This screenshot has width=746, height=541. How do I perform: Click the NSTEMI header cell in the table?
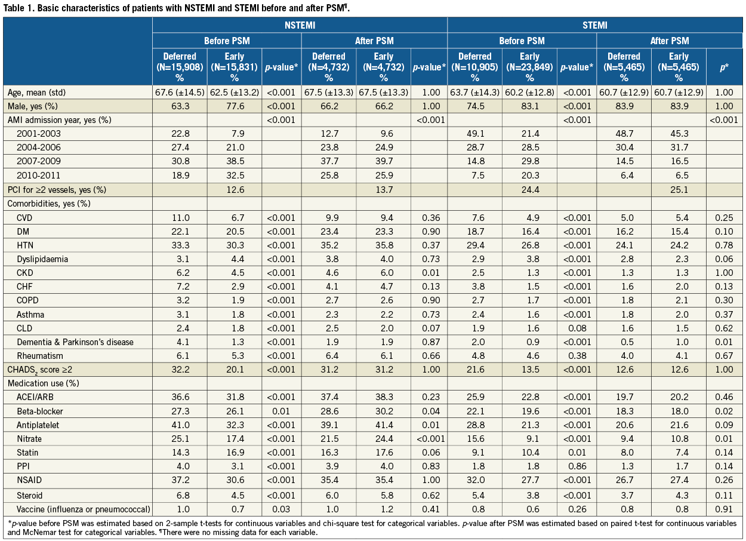pyautogui.click(x=300, y=26)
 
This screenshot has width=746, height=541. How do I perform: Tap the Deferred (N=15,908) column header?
pyautogui.click(x=180, y=67)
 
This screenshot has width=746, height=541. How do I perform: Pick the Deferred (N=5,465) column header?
pyautogui.click(x=624, y=67)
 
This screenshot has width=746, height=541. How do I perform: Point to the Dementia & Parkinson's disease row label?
pyautogui.click(x=75, y=342)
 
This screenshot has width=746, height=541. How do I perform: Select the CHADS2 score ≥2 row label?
pyautogui.click(x=40, y=370)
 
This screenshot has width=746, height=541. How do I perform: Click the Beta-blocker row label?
pyautogui.click(x=40, y=412)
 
